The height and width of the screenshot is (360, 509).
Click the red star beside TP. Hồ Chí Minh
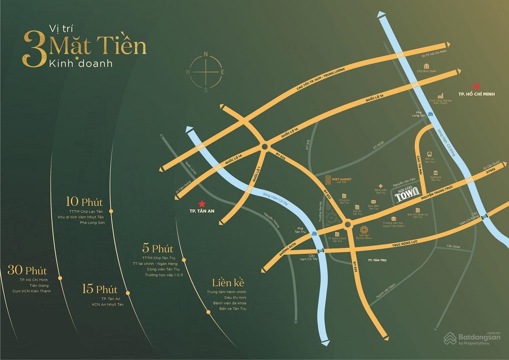point(477,85)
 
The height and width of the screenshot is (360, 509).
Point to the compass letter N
point(206,54)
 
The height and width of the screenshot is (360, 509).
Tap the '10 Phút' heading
point(85,201)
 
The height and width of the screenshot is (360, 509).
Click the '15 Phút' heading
point(100,290)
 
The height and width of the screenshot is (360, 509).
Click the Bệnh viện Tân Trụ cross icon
point(381,186)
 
